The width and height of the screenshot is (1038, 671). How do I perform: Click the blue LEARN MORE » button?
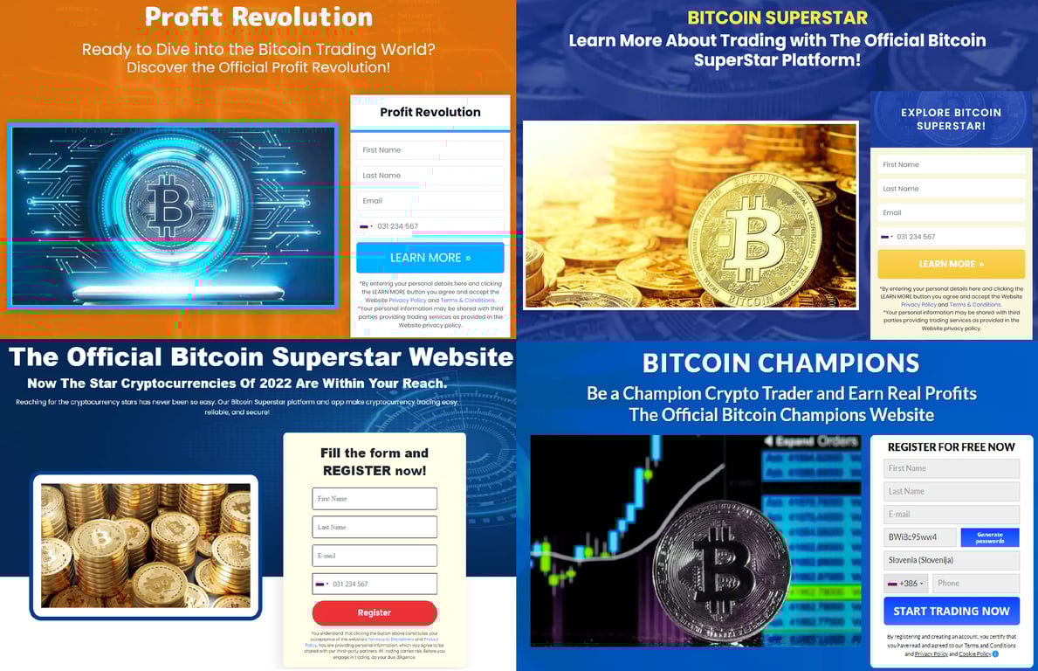(x=430, y=258)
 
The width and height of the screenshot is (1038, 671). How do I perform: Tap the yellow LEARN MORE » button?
(x=951, y=264)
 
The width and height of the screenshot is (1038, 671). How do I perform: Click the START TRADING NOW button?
(x=951, y=611)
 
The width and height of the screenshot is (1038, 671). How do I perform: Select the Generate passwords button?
(x=989, y=537)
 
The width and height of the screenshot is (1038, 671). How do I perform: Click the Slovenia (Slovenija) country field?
(x=951, y=560)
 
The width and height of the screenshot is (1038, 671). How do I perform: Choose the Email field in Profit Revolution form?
(x=430, y=201)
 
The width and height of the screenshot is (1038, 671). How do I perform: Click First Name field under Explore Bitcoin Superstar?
(x=951, y=164)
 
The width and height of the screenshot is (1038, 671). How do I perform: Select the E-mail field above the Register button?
(x=375, y=556)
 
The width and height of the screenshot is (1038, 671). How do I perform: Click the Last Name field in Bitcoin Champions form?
(x=951, y=491)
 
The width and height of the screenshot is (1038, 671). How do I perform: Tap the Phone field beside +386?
(x=975, y=583)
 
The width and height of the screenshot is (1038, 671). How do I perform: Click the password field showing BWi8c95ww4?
(x=919, y=537)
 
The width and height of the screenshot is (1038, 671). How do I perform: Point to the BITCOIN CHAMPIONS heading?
(x=780, y=363)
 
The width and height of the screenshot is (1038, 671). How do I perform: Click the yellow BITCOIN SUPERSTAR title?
(x=777, y=17)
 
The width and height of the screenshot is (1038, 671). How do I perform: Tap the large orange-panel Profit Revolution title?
(x=258, y=17)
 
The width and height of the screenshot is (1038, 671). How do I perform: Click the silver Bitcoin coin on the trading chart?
(x=721, y=564)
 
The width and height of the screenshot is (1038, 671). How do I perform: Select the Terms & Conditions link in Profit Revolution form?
(x=467, y=301)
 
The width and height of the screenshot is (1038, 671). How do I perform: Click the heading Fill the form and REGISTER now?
(x=374, y=461)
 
